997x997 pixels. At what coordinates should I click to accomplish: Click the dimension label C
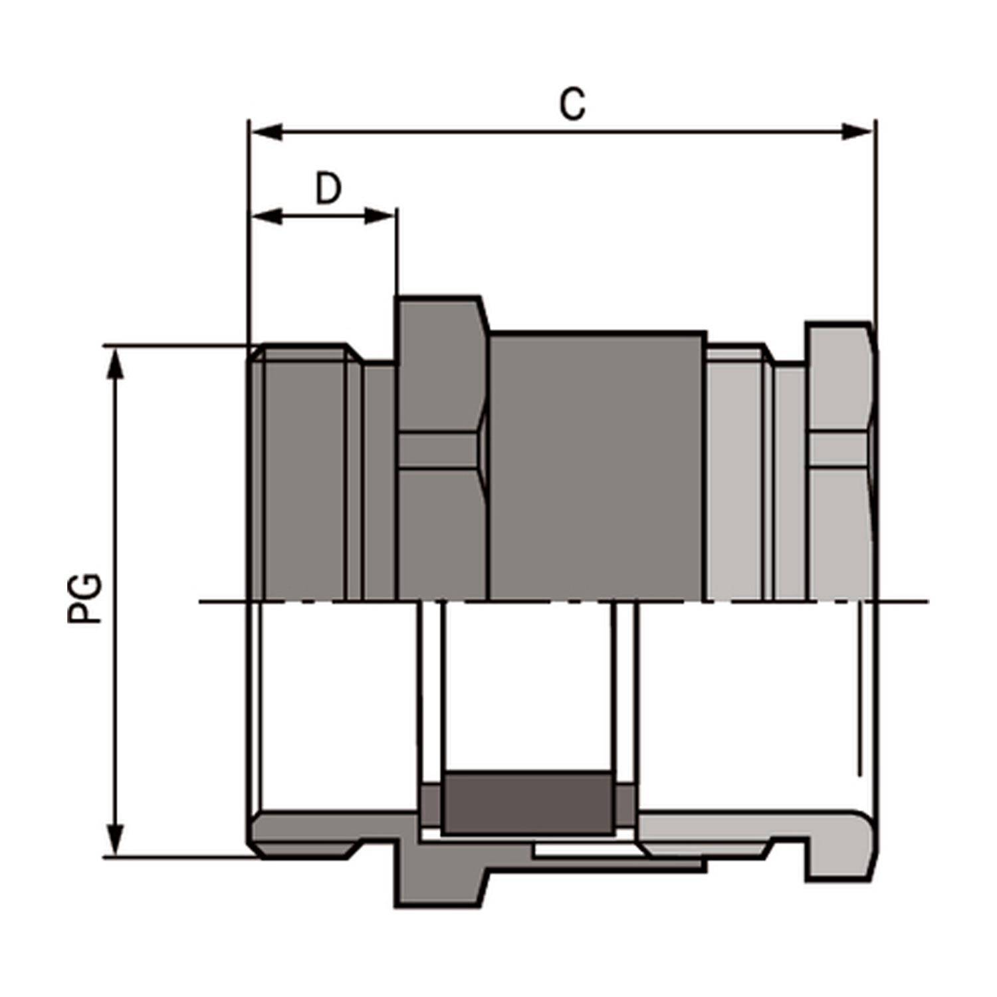[572, 104]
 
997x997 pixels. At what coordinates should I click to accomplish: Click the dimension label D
[328, 189]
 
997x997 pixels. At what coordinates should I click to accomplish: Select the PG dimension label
[85, 598]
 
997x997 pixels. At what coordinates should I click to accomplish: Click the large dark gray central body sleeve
[597, 465]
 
